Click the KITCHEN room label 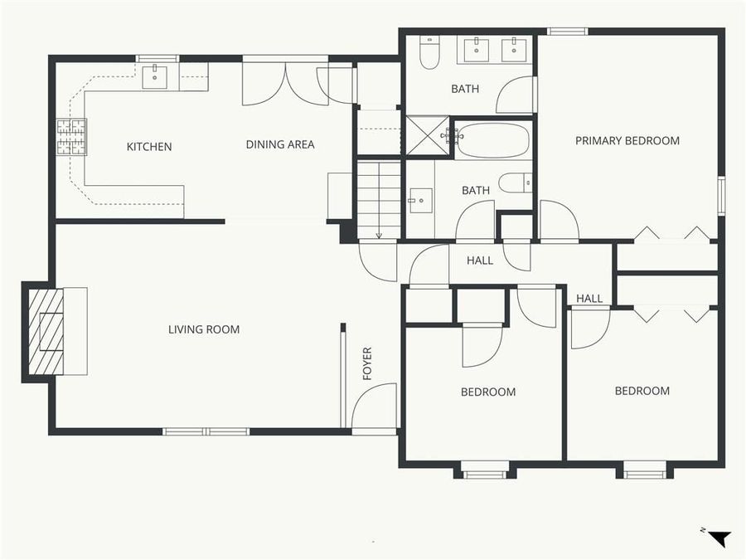pyautogui.click(x=149, y=147)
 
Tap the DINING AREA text pyautogui.click(x=280, y=144)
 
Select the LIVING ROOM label pyautogui.click(x=204, y=329)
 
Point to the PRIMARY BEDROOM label pyautogui.click(x=627, y=141)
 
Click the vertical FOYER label pyautogui.click(x=368, y=363)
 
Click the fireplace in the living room pyautogui.click(x=46, y=330)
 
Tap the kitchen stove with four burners pyautogui.click(x=71, y=138)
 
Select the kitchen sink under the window pyautogui.click(x=155, y=77)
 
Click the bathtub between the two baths pyautogui.click(x=492, y=140)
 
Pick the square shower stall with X pyautogui.click(x=425, y=135)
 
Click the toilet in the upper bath pyautogui.click(x=429, y=54)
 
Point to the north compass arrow pyautogui.click(x=719, y=538)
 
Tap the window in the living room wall pyautogui.click(x=206, y=431)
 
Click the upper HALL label pyautogui.click(x=480, y=261)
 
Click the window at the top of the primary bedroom pyautogui.click(x=568, y=32)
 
